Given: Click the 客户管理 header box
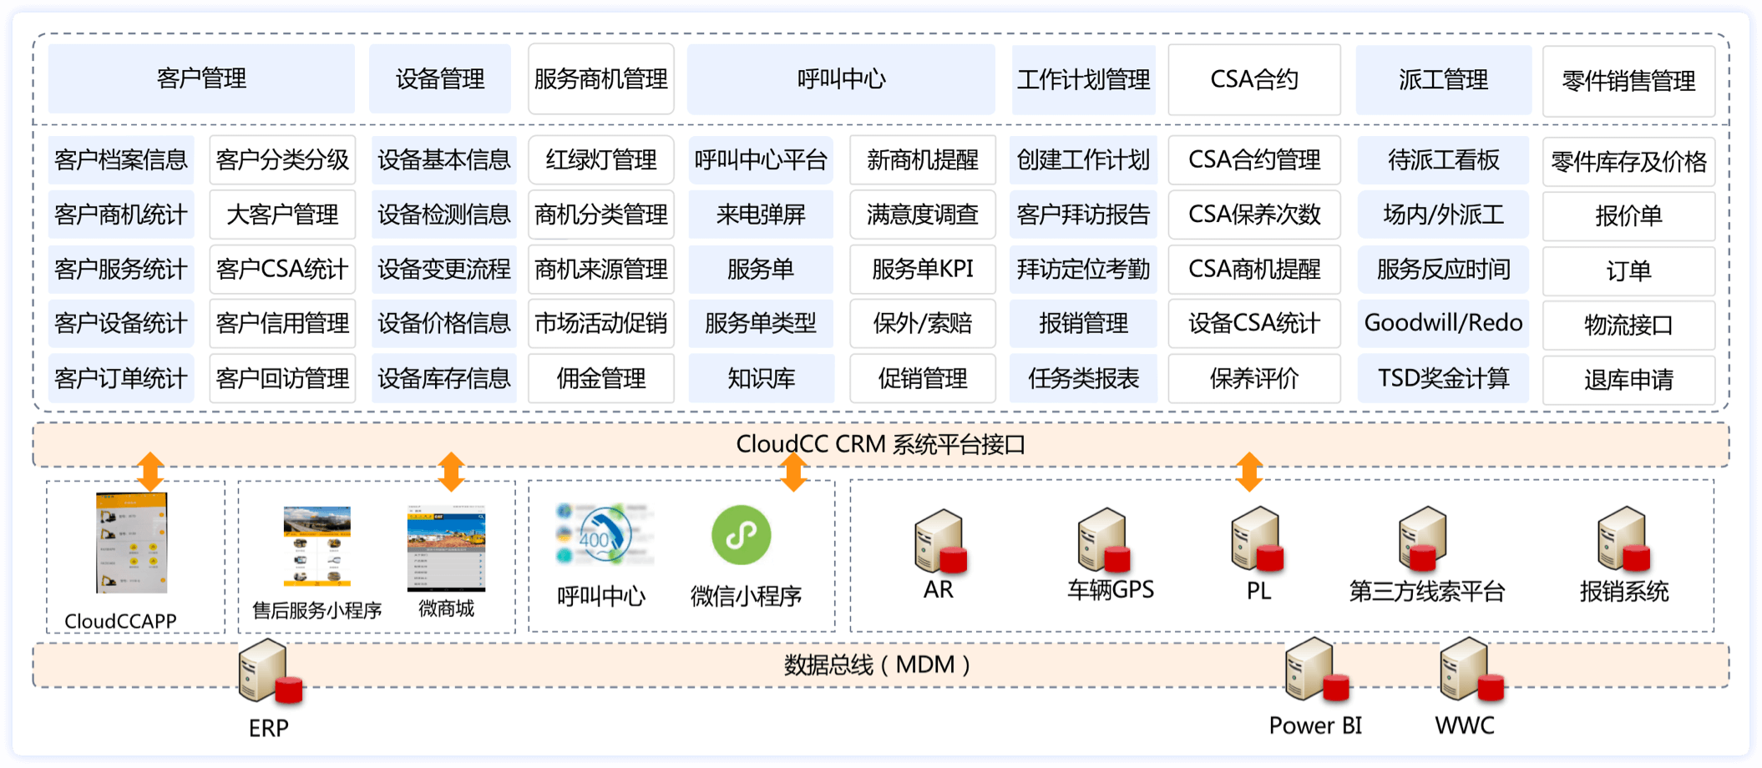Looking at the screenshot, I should point(201,79).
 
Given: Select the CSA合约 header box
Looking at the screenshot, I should point(1253,80).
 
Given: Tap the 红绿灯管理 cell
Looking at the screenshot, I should point(600,159).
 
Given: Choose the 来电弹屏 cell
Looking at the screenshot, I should point(761,215).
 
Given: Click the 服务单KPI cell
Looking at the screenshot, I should point(922,269).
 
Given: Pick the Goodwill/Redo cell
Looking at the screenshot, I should point(1443,323).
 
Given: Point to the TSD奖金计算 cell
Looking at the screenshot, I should point(1443,378).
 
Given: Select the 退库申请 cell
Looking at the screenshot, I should point(1628,380).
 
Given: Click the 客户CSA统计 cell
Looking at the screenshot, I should point(282,269).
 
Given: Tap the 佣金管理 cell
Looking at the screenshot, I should point(600,378).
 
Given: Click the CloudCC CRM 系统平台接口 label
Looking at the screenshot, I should point(880,444).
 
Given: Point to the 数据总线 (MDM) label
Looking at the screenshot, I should point(877,665).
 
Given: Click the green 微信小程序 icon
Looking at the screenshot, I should point(742,535).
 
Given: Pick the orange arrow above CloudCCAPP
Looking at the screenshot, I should point(150,472).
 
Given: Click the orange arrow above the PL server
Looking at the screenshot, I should point(1248,472).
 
